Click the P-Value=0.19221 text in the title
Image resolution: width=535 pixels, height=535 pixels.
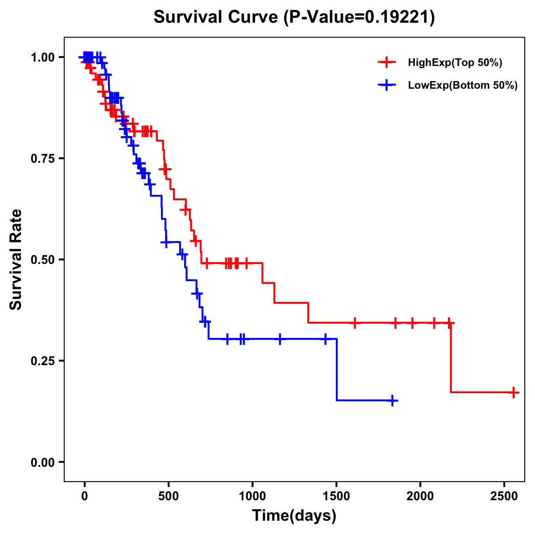(x=359, y=17)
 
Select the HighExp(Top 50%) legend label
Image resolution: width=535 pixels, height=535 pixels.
(x=455, y=63)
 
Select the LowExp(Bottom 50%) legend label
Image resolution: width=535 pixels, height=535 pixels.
(x=463, y=86)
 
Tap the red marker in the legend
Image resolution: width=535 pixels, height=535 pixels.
(x=387, y=62)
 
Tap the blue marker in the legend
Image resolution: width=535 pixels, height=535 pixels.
(x=387, y=85)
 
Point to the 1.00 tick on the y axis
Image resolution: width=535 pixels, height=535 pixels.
(x=42, y=58)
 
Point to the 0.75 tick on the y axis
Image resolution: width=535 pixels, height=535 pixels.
(x=42, y=159)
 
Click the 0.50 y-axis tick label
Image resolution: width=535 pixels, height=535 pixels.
(x=42, y=260)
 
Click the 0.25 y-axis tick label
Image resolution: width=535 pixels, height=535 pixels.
(x=42, y=361)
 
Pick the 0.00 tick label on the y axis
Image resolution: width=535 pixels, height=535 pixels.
(x=42, y=462)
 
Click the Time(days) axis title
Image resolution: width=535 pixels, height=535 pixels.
(x=294, y=516)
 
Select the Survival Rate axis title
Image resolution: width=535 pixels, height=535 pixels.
(x=16, y=259)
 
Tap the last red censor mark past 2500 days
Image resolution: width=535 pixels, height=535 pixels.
(x=514, y=392)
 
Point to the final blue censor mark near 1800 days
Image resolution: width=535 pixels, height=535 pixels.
(x=392, y=400)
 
